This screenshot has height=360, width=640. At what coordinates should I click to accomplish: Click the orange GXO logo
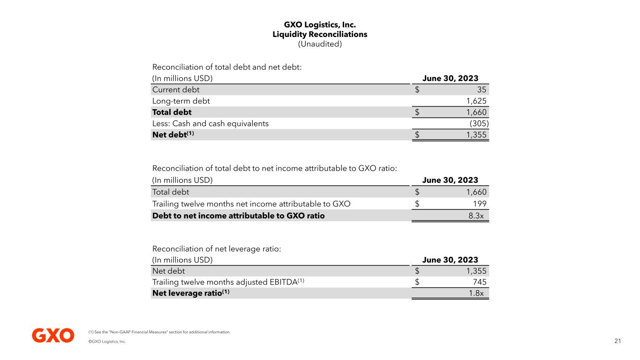(x=53, y=335)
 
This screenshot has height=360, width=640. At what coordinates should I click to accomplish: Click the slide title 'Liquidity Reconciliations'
(x=320, y=34)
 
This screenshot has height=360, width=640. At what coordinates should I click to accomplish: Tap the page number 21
(x=617, y=341)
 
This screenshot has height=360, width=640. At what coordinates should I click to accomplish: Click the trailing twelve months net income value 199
(x=480, y=204)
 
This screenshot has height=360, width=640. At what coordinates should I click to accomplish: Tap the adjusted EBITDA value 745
(x=480, y=282)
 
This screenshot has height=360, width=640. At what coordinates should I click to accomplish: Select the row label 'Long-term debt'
(x=181, y=101)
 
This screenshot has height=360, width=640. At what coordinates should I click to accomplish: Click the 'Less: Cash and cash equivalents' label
(x=211, y=123)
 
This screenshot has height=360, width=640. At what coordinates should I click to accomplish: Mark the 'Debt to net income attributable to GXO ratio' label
(x=238, y=216)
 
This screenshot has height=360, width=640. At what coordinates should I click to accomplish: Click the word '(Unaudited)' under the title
(x=320, y=44)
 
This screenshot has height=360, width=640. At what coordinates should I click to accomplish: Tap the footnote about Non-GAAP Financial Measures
(x=159, y=332)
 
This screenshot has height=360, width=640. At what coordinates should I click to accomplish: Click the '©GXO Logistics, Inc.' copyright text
(x=107, y=342)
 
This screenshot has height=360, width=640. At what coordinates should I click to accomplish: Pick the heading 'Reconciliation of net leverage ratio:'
(x=217, y=249)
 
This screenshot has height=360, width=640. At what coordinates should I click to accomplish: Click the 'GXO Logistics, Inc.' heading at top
(x=320, y=24)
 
